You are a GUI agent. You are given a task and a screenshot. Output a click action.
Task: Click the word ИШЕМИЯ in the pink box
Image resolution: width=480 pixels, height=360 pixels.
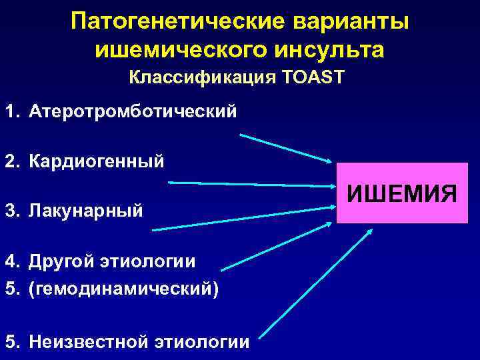[402, 194]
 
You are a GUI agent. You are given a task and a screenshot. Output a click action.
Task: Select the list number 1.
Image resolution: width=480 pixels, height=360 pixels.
[11, 110]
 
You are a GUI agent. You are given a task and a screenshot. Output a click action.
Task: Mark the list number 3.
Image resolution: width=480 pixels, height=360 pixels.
[11, 211]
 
